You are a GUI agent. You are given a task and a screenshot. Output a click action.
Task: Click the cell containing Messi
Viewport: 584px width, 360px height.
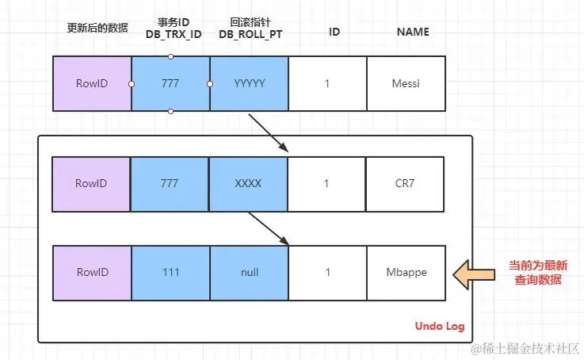point(406,83)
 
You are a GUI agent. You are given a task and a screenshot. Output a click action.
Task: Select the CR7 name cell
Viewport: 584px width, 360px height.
point(405,183)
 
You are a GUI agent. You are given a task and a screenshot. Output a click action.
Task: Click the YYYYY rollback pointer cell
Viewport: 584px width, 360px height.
point(249,83)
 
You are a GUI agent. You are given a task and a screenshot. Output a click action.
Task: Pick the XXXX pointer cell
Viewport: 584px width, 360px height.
point(249,183)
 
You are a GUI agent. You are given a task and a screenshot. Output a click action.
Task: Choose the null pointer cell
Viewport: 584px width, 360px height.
point(249,273)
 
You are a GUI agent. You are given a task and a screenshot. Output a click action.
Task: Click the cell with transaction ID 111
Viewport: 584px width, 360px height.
point(170,273)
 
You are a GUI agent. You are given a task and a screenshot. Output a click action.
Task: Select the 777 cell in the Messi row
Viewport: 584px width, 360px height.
point(170,83)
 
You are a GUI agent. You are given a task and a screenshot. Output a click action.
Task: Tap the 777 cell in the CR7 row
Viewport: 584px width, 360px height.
point(170,183)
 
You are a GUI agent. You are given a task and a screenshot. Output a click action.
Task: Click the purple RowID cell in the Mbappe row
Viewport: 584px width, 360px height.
point(92,273)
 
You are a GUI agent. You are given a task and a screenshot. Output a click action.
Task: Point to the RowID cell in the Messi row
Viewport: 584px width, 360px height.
point(92,83)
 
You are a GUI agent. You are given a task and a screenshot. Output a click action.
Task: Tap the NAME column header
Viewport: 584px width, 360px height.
point(413,33)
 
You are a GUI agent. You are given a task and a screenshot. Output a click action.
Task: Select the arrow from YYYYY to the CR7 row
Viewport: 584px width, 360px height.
point(268,132)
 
